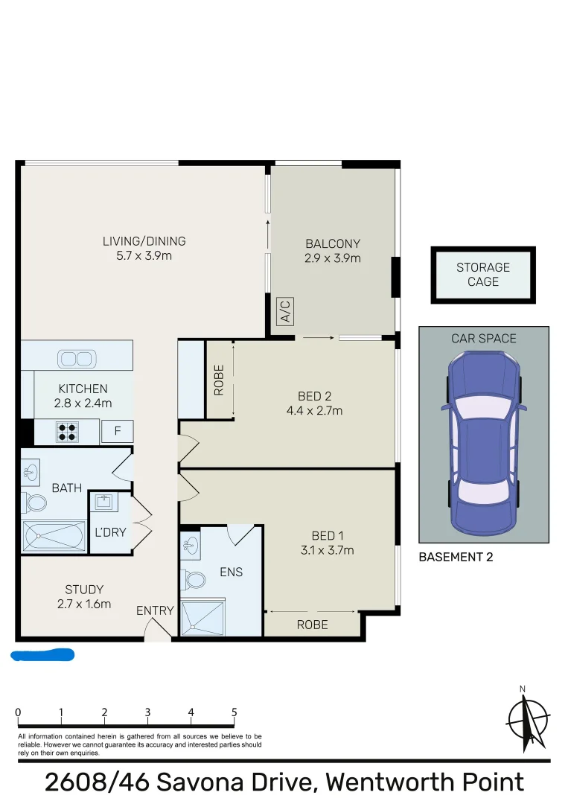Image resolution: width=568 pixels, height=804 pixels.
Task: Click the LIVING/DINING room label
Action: tap(144, 249)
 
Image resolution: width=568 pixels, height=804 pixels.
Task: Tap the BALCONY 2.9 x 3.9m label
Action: tap(332, 251)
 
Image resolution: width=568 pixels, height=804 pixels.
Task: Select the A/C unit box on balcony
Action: tap(284, 311)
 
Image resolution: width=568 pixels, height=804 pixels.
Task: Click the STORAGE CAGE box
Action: tap(482, 275)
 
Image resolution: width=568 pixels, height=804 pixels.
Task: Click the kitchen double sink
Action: tap(77, 359)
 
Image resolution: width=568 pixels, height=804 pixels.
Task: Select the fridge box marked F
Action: tap(117, 431)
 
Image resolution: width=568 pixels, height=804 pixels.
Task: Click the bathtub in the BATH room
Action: tap(54, 535)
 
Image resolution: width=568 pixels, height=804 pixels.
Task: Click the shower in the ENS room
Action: tap(202, 616)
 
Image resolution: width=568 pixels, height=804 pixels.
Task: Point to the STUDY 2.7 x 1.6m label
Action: tap(83, 596)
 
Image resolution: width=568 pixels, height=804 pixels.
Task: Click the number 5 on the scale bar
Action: tap(234, 712)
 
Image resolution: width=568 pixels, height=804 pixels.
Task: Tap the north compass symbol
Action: tap(527, 721)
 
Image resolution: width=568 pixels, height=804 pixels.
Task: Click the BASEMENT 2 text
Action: tap(456, 556)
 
